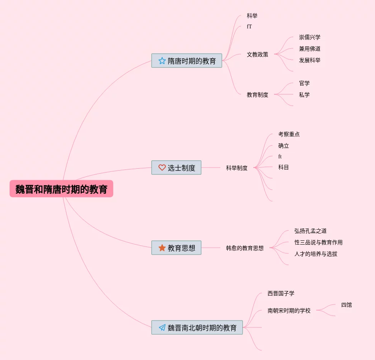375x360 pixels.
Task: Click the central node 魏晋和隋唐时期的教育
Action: pyautogui.click(x=61, y=189)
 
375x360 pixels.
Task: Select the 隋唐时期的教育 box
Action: pyautogui.click(x=187, y=61)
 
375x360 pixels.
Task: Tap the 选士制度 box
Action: pyautogui.click(x=176, y=168)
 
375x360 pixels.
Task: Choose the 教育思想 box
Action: pyautogui.click(x=176, y=248)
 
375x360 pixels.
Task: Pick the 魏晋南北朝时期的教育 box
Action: pyautogui.click(x=197, y=327)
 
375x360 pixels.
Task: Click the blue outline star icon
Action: pyautogui.click(x=162, y=61)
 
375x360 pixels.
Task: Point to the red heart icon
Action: pyautogui.click(x=162, y=168)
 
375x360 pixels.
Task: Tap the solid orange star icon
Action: pyautogui.click(x=162, y=248)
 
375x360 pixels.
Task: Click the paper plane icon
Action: pyautogui.click(x=162, y=327)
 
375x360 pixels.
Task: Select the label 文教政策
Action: pyautogui.click(x=258, y=54)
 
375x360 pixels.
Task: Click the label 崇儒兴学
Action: pyautogui.click(x=310, y=37)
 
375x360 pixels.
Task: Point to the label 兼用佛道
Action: pyautogui.click(x=310, y=49)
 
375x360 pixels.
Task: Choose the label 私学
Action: pyautogui.click(x=304, y=95)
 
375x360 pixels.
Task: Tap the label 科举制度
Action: pyautogui.click(x=237, y=168)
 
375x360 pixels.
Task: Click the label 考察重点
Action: pyautogui.click(x=289, y=134)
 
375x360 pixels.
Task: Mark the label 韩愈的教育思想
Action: pyautogui.click(x=245, y=248)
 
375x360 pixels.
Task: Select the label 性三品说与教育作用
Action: pyautogui.click(x=319, y=242)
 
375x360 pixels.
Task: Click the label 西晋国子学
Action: pyautogui.click(x=281, y=293)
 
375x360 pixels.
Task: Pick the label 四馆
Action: pyautogui.click(x=347, y=305)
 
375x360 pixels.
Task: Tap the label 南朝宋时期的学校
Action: pyautogui.click(x=289, y=311)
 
